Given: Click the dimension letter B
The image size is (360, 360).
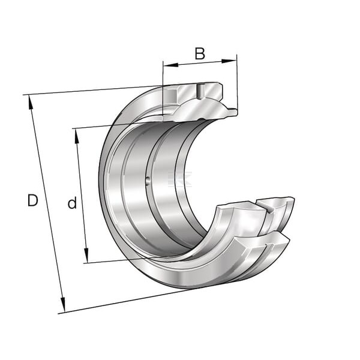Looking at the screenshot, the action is pyautogui.click(x=200, y=54).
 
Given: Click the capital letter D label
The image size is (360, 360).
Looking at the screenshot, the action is pyautogui.click(x=32, y=200).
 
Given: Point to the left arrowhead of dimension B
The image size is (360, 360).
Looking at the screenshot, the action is pyautogui.click(x=171, y=65).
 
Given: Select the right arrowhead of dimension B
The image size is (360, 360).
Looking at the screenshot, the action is pyautogui.click(x=229, y=61).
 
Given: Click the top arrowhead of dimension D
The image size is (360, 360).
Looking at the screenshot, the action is pyautogui.click(x=30, y=103).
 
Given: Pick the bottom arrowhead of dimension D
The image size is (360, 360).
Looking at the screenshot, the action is pyautogui.click(x=62, y=305).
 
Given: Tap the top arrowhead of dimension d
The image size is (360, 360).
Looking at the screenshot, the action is pyautogui.click(x=77, y=136).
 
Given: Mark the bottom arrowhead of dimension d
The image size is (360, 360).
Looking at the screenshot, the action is pyautogui.click(x=86, y=255).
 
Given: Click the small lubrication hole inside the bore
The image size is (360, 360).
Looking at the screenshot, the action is pyautogui.click(x=148, y=181).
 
